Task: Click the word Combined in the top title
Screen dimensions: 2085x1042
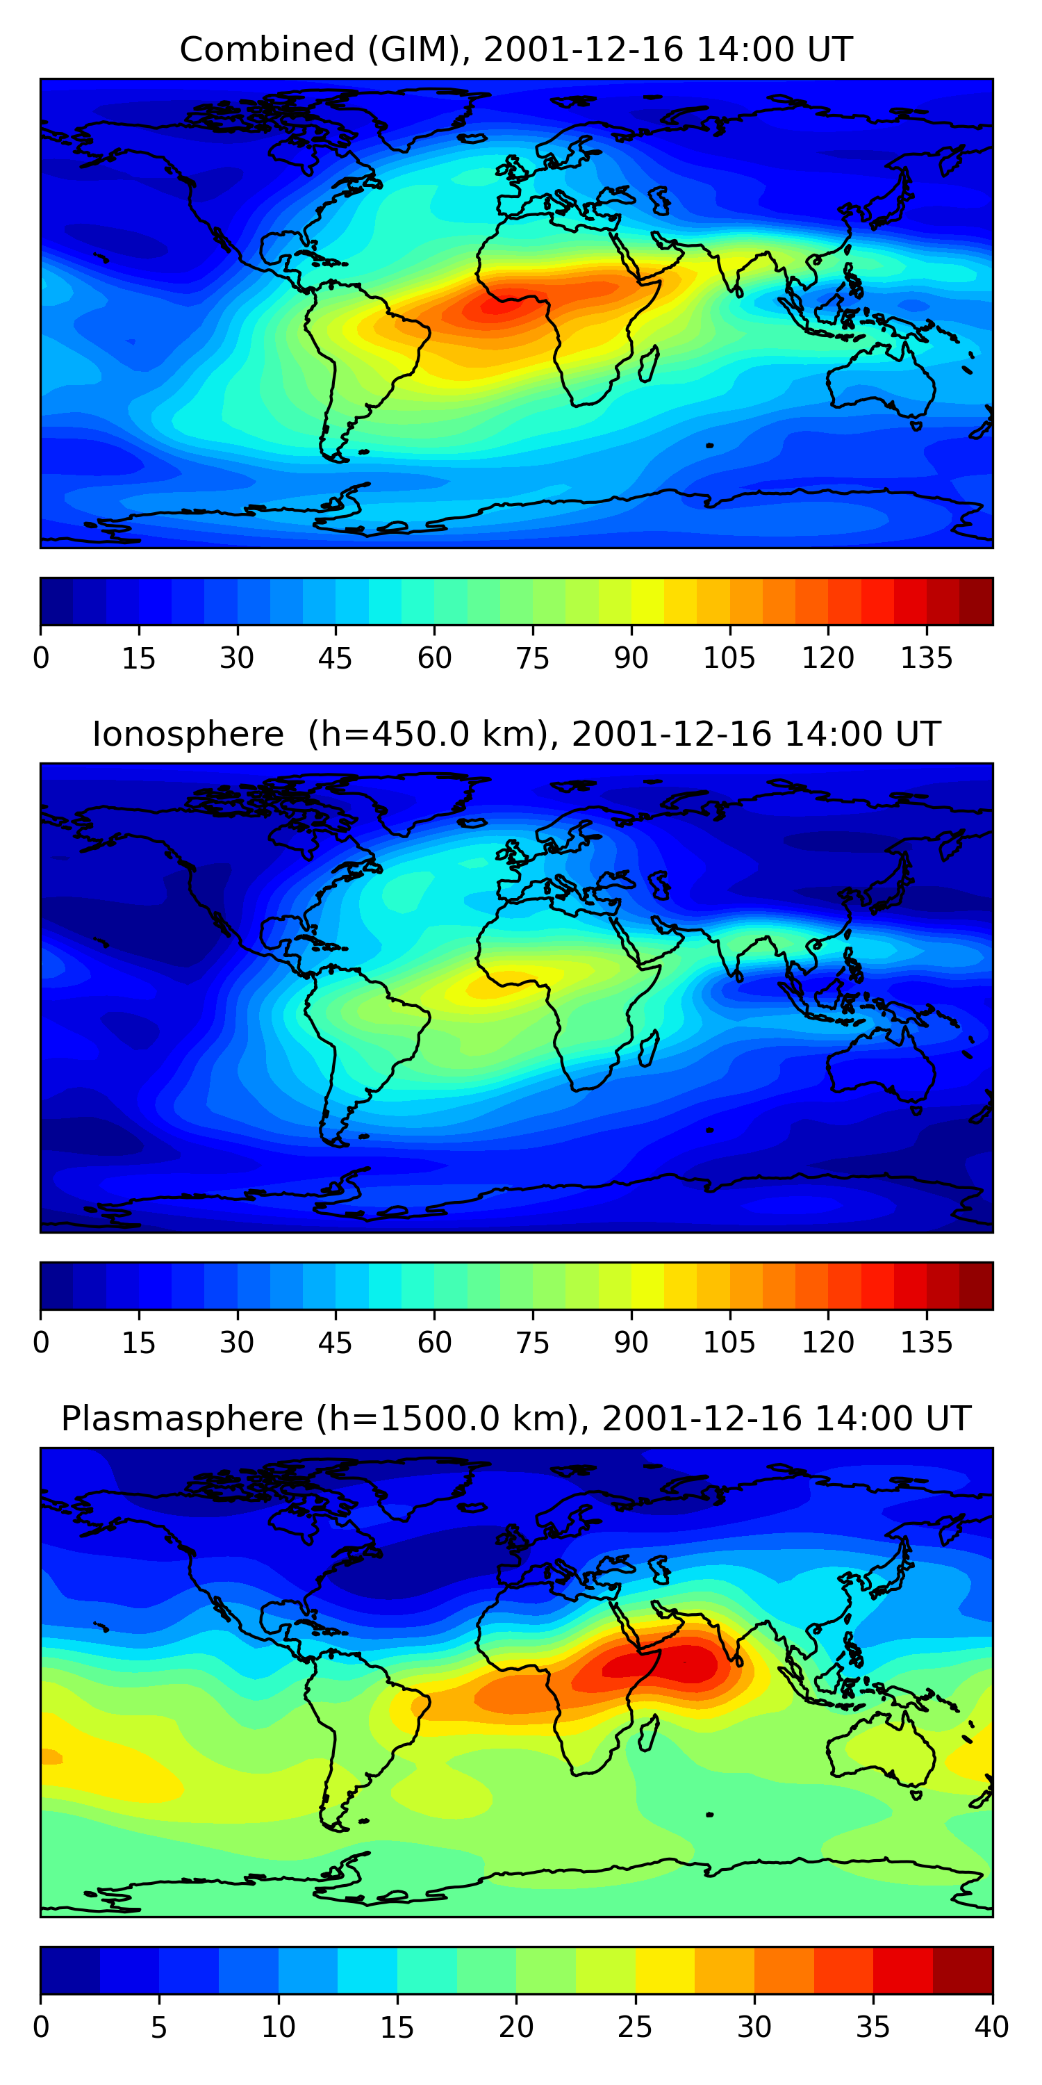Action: click(267, 49)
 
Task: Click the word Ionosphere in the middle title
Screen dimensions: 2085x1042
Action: click(188, 734)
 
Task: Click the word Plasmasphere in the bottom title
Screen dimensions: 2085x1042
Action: click(182, 1419)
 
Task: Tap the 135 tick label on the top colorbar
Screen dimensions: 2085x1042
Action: click(926, 658)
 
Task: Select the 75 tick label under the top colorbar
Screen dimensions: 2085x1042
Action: click(532, 658)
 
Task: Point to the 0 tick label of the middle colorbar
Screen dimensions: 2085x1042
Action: click(41, 1343)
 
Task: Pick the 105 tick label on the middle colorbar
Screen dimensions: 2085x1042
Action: click(729, 1343)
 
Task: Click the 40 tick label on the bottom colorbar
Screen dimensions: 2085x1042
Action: click(991, 2027)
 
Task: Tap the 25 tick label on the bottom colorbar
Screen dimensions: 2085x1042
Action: click(635, 2027)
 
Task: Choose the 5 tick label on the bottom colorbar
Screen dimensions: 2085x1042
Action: click(159, 2027)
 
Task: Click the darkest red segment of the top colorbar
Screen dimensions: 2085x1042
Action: click(976, 601)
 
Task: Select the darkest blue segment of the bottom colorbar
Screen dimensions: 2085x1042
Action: click(70, 1970)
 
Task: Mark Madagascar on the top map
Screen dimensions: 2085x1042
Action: click(648, 365)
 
